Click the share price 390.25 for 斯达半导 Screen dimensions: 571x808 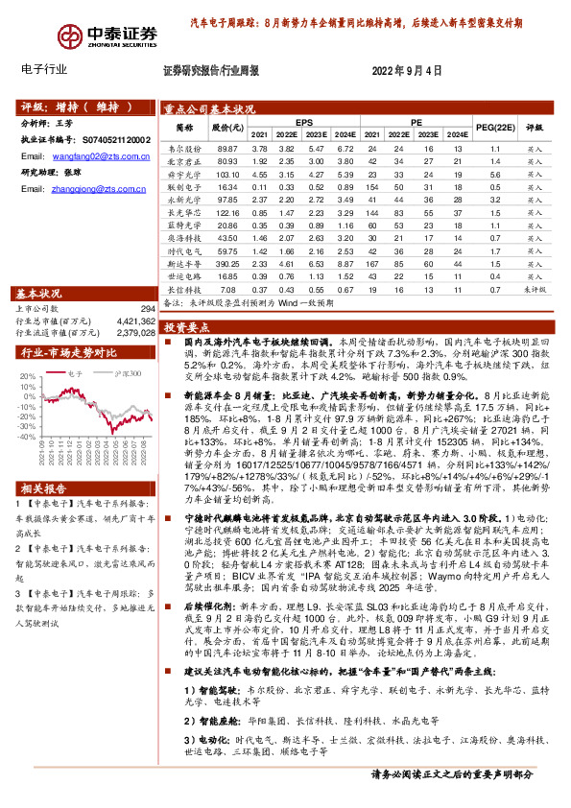(x=227, y=262)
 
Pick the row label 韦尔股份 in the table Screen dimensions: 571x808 (x=184, y=149)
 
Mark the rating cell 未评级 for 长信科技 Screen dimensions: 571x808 (x=535, y=287)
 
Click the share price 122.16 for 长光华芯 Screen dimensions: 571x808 (x=227, y=211)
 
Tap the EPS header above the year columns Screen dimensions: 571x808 (x=304, y=123)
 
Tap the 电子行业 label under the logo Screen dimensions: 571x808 (x=43, y=70)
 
